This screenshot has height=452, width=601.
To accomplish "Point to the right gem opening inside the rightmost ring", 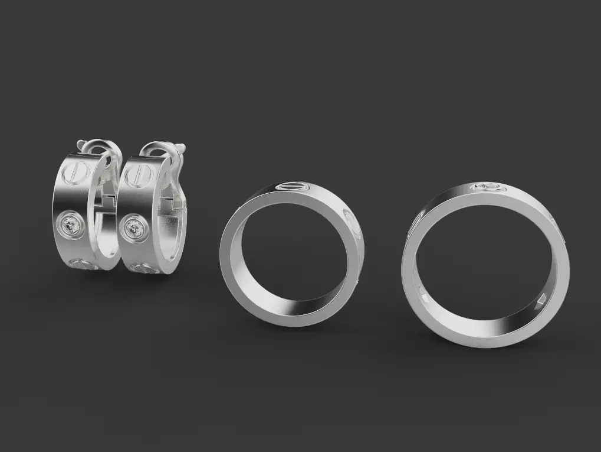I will (541, 301).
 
